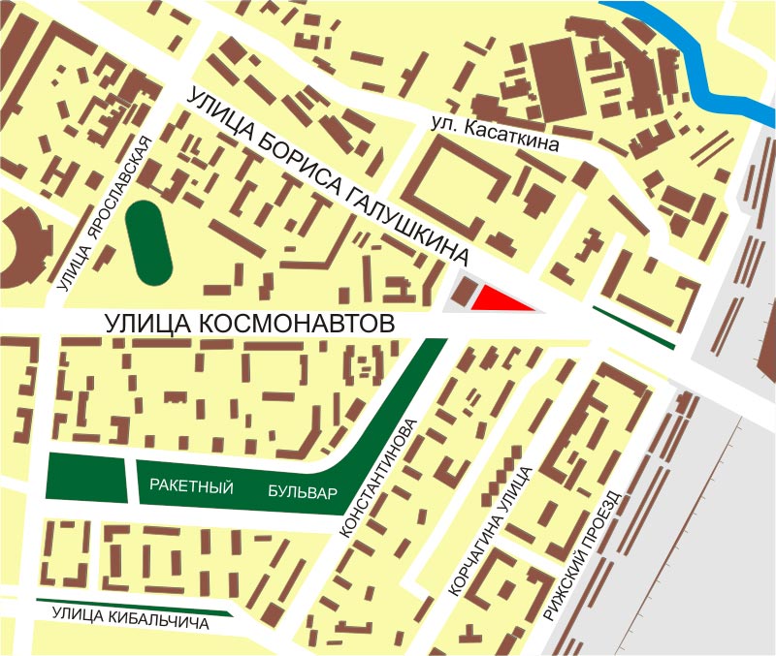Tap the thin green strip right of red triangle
click(x=632, y=328)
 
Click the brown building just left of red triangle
click(x=465, y=295)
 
